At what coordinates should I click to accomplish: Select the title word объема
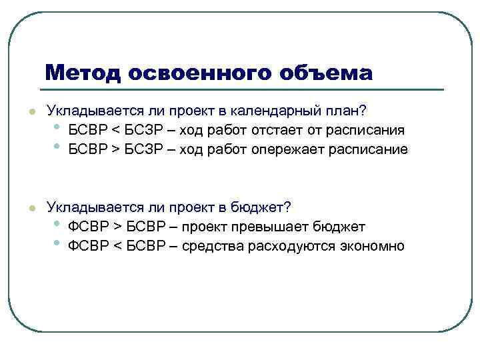click(329, 72)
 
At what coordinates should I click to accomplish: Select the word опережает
click(285, 149)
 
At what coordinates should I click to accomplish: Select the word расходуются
click(288, 246)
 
